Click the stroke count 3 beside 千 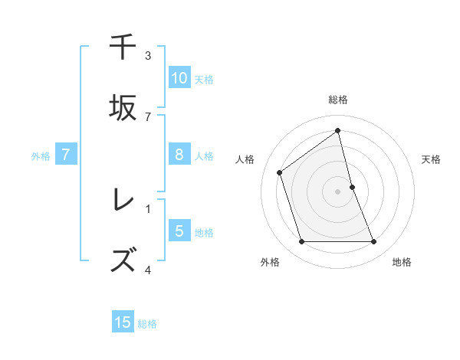148,56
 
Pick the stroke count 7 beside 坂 148,116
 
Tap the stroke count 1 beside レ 148,208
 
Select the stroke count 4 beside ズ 148,269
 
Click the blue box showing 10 179,77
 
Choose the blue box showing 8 179,155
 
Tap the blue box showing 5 179,231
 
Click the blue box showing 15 123,322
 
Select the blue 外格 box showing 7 66,155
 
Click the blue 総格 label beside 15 147,324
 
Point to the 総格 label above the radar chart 338,100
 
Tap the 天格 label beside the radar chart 432,159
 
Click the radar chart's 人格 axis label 245,159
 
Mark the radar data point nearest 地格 374,242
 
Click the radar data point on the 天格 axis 353,187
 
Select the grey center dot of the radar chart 338,191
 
